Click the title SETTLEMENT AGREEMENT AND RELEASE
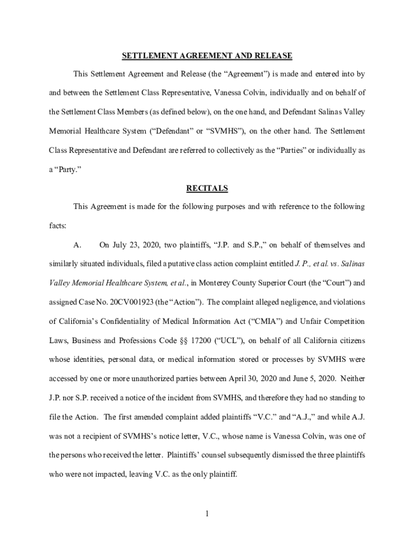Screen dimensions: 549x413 coord(206,56)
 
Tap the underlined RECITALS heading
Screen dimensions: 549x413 coord(206,188)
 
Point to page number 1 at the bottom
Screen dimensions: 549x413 coord(206,514)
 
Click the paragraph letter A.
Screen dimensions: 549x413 coord(77,245)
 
